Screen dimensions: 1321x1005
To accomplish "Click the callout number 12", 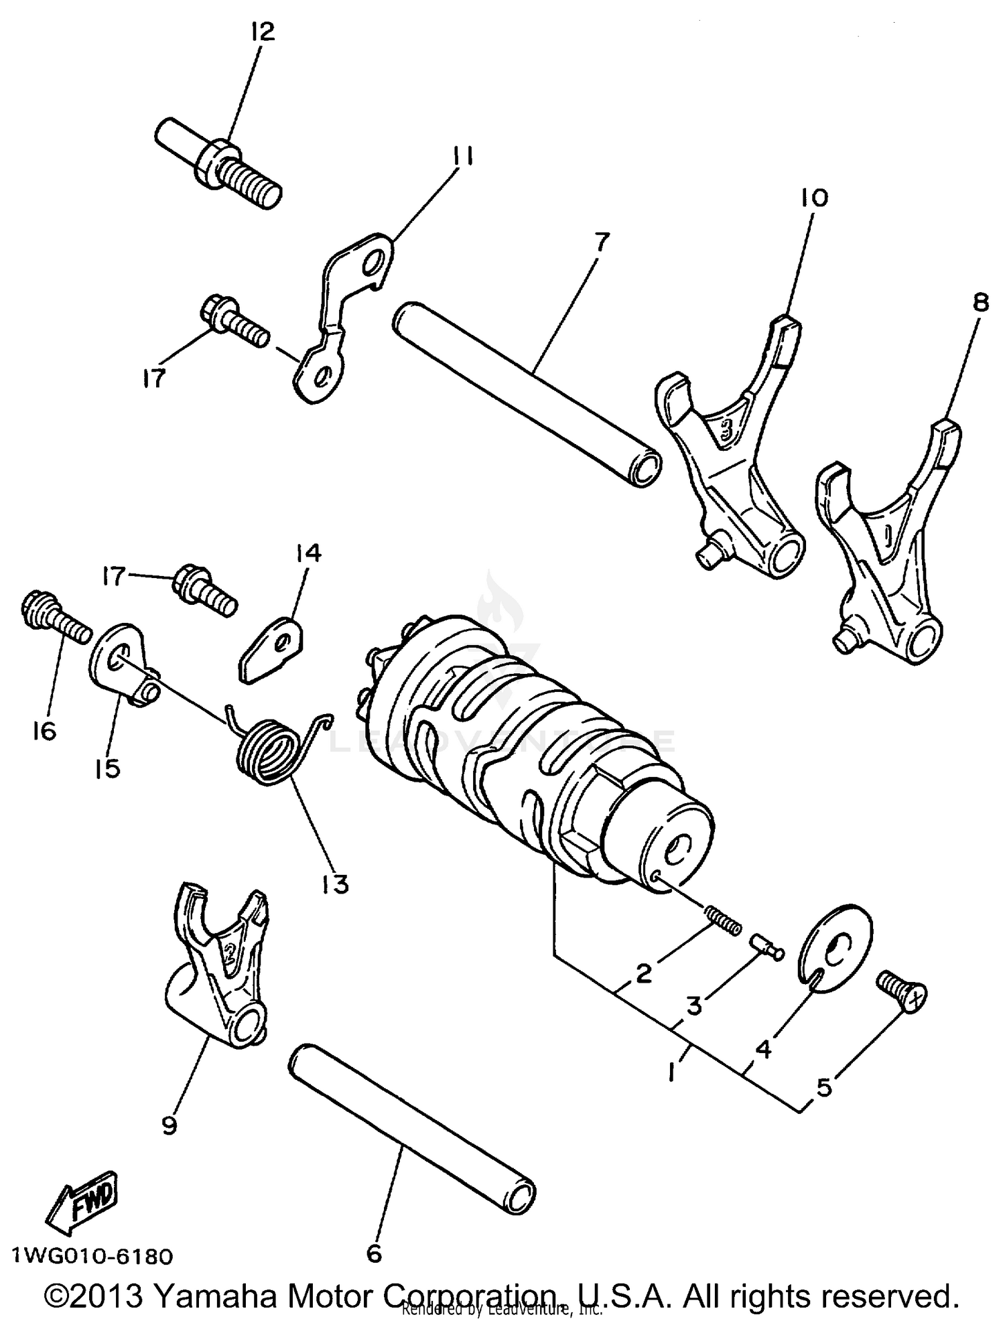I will [262, 31].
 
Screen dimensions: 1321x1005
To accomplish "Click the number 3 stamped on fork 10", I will [726, 429].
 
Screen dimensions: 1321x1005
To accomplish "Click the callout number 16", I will [44, 731].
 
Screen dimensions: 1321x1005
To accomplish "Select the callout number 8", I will [980, 303].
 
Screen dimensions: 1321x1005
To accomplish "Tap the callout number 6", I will [374, 1252].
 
